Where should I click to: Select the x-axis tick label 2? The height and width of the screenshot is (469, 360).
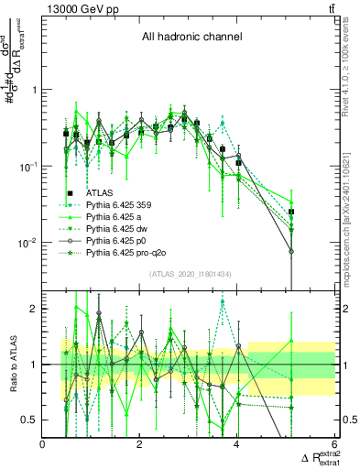click(x=140, y=444)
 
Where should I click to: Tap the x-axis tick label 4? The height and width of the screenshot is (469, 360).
click(x=237, y=444)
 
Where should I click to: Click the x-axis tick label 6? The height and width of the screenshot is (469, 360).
click(x=334, y=444)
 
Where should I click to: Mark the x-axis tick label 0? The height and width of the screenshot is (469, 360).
click(x=43, y=444)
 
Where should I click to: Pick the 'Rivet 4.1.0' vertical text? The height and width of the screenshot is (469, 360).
click(x=353, y=63)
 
